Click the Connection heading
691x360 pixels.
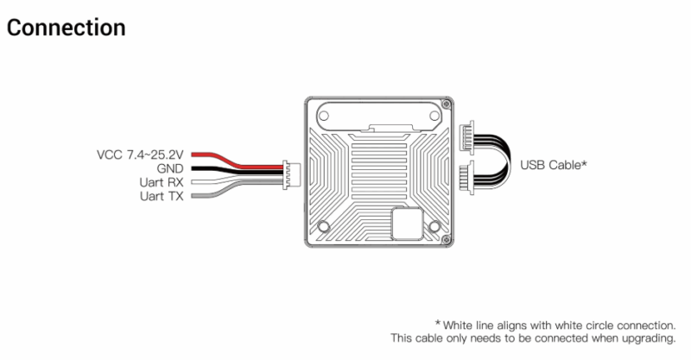point(67,28)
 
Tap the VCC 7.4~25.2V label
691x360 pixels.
point(140,155)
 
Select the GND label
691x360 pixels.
point(170,168)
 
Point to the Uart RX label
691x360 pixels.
point(162,182)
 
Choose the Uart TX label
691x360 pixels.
point(162,196)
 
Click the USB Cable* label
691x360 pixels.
point(554,165)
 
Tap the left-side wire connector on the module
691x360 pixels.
point(291,175)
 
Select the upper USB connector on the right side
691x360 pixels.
point(466,137)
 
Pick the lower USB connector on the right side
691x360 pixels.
point(466,178)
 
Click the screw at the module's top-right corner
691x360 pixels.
point(446,104)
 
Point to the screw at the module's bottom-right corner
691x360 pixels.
point(446,239)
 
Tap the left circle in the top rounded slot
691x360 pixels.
point(323,116)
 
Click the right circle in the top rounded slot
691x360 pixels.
point(434,116)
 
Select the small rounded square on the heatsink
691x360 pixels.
point(408,224)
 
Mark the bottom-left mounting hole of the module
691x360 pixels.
point(323,226)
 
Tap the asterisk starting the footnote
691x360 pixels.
point(438,323)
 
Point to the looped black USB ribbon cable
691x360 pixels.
point(508,159)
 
